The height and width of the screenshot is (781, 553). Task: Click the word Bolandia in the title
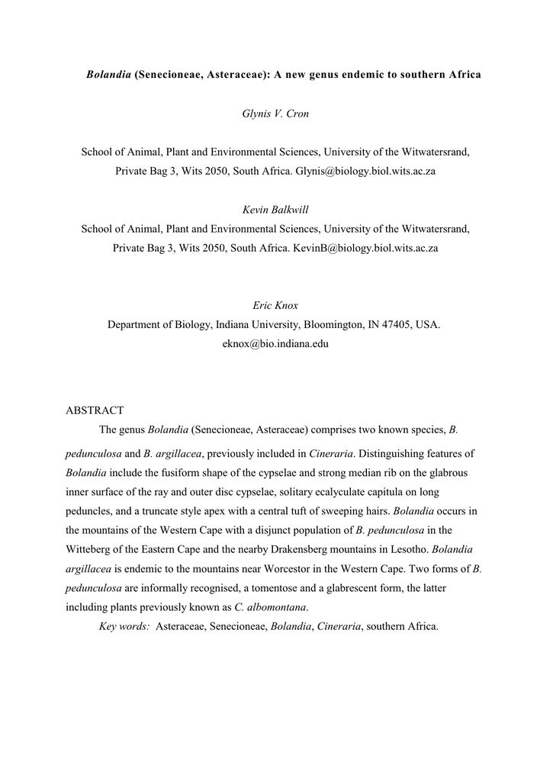(x=108, y=76)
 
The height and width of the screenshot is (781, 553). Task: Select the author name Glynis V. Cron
(x=275, y=114)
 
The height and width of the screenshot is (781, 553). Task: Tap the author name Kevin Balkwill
(x=275, y=210)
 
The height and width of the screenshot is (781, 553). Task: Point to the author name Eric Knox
(x=275, y=305)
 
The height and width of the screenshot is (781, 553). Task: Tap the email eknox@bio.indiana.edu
(x=275, y=344)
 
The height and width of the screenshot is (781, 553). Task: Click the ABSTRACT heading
(x=95, y=410)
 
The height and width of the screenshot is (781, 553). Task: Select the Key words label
(x=124, y=626)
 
